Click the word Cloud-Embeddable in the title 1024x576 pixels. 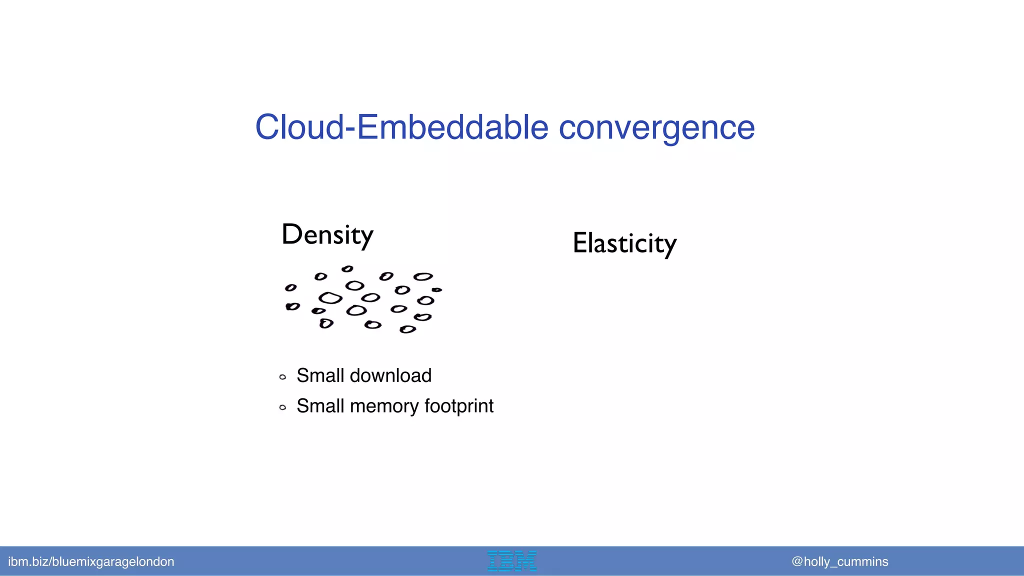(x=401, y=127)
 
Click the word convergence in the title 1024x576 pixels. (x=656, y=128)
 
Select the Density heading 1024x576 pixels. (x=327, y=234)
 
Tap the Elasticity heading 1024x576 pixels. (x=624, y=243)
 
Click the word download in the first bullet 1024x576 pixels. (x=390, y=375)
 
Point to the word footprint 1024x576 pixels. (x=458, y=406)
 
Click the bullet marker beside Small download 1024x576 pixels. (x=282, y=377)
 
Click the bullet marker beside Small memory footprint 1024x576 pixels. (x=282, y=407)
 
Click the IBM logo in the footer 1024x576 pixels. (x=512, y=561)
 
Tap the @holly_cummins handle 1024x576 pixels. (x=839, y=561)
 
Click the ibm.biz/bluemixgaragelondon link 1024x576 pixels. (x=91, y=561)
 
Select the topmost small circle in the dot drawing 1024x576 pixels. (x=347, y=269)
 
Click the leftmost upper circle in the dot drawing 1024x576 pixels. (x=290, y=287)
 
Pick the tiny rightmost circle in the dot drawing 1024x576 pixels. (x=436, y=289)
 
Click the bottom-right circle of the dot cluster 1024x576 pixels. (x=407, y=329)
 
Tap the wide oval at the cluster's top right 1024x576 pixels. (x=423, y=276)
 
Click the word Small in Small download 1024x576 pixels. (x=320, y=375)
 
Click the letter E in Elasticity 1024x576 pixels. (x=580, y=243)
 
